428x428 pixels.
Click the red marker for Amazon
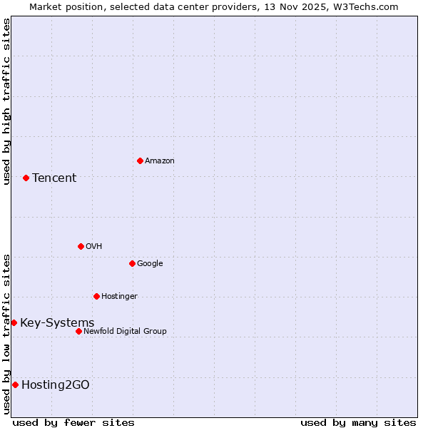tap(140, 160)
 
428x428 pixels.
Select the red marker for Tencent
tap(26, 178)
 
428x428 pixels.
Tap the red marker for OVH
tap(81, 246)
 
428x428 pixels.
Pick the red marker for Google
tap(132, 263)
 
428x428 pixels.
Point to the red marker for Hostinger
tap(96, 296)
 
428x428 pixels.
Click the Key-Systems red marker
tap(14, 322)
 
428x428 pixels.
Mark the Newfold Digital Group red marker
tap(78, 331)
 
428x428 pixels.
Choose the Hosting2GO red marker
tap(15, 384)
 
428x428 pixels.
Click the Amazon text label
tap(160, 161)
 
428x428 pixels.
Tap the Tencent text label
tap(54, 178)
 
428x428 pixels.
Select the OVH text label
tap(94, 247)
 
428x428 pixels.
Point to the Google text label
tap(150, 264)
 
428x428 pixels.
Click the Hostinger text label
tap(119, 297)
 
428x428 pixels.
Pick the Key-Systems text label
tap(57, 323)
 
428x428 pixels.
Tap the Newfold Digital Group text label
tap(125, 331)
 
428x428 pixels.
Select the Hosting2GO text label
tap(56, 385)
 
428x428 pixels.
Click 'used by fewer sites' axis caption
tap(73, 422)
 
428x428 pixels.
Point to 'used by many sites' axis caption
tap(358, 422)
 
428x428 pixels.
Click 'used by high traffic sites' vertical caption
tap(6, 101)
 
